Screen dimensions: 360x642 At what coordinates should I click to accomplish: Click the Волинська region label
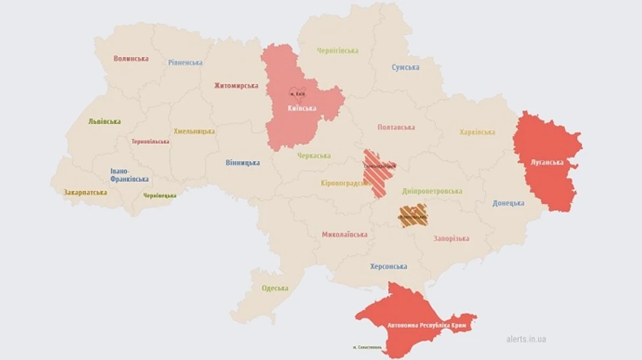(131, 58)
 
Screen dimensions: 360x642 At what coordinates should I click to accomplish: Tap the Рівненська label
(185, 63)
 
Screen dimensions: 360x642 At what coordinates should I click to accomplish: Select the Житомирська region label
(235, 86)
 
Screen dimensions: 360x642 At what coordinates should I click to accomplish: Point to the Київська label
(302, 108)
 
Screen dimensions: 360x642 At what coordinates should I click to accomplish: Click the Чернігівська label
(337, 51)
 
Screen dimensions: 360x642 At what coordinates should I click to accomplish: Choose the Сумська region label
(405, 68)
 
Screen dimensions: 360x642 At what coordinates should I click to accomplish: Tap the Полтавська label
(396, 128)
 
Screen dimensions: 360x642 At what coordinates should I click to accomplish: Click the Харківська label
(477, 132)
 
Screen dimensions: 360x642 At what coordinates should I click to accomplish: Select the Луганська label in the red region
(546, 162)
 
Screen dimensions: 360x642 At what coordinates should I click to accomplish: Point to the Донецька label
(508, 203)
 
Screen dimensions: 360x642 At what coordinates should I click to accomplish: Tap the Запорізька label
(451, 238)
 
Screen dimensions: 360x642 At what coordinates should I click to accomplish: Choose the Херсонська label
(389, 267)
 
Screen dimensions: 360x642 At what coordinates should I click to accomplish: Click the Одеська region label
(275, 288)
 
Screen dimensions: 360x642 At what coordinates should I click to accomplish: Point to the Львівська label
(104, 121)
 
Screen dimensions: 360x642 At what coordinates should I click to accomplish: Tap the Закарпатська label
(86, 192)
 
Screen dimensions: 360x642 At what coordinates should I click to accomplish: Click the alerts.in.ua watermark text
(526, 339)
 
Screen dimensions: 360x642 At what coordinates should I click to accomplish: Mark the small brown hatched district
(412, 215)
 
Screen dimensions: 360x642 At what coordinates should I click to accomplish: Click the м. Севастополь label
(367, 348)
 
